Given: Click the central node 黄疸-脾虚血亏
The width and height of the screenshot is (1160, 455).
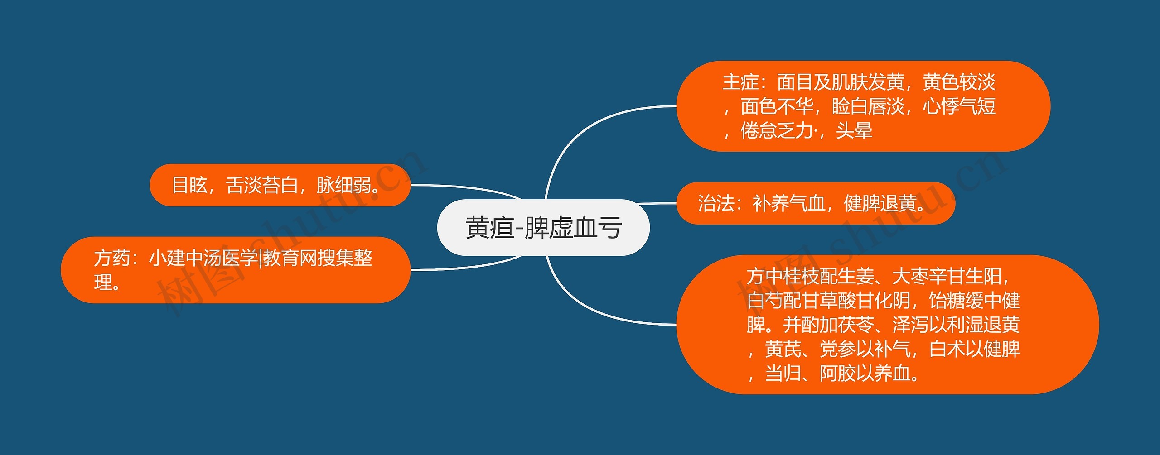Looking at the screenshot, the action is [543, 227].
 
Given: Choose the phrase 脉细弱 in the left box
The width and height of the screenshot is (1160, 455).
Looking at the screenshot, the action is [344, 185].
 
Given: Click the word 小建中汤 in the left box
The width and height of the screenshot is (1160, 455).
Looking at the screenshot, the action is [185, 259].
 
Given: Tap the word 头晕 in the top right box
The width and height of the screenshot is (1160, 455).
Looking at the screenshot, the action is [854, 131].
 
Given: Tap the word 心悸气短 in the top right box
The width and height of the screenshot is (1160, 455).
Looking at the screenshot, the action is [959, 107].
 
